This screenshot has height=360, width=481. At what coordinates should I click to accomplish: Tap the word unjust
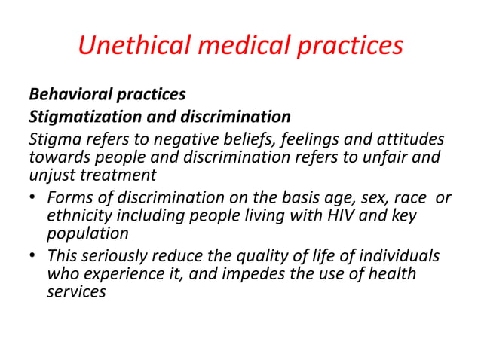click(52, 175)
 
